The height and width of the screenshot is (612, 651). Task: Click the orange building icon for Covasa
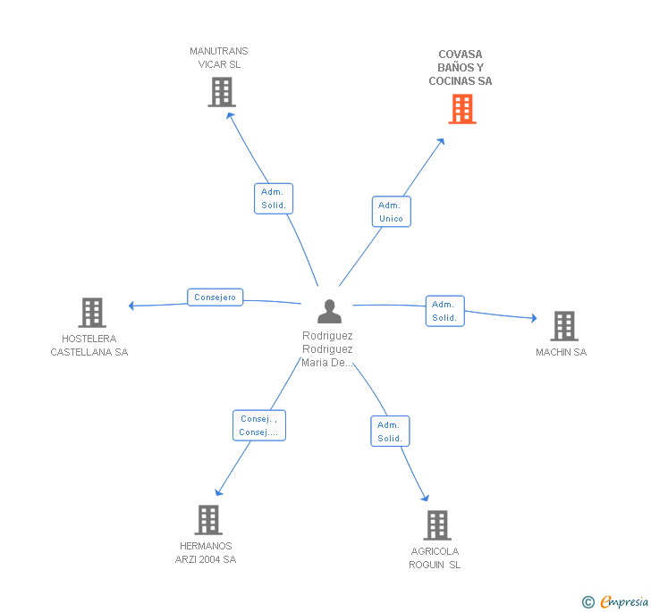[461, 109]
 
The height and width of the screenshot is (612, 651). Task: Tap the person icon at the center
[329, 311]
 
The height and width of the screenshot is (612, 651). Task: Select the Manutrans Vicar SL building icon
[221, 92]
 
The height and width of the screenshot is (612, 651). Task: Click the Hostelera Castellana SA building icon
[92, 313]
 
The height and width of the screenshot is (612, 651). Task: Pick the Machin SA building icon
[563, 326]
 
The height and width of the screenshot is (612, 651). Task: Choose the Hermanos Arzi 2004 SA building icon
[207, 520]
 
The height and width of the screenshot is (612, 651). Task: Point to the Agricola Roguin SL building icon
[436, 525]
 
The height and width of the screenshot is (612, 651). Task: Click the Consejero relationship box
[216, 298]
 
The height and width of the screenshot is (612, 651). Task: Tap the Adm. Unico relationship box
[391, 212]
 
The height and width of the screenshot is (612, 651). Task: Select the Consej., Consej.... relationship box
[258, 425]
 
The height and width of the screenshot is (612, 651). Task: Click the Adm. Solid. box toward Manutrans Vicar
[274, 198]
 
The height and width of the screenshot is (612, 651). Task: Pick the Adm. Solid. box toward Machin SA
[444, 311]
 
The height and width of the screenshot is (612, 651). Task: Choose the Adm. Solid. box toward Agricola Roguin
[390, 432]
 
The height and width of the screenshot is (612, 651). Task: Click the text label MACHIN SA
[561, 352]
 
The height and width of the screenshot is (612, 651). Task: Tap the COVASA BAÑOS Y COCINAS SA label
[460, 68]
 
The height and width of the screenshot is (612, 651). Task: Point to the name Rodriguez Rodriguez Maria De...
[327, 349]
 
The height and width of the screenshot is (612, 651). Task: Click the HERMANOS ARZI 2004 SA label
[206, 553]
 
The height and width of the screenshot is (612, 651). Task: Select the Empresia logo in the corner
[615, 602]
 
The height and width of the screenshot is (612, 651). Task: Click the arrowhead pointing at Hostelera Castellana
[131, 306]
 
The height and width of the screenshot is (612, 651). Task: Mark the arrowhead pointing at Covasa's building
[442, 140]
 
